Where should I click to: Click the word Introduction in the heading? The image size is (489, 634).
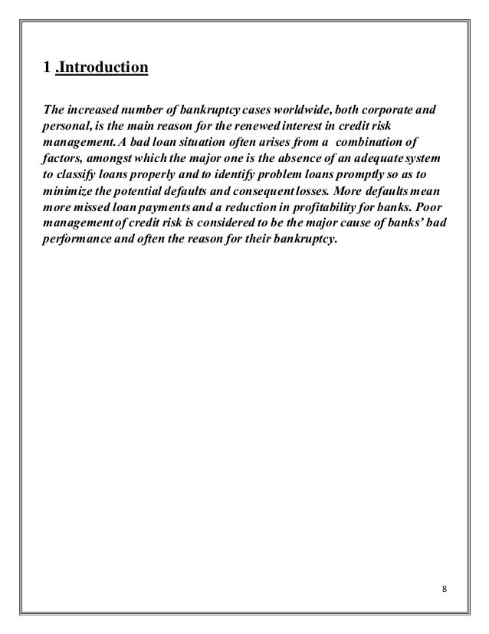(103, 70)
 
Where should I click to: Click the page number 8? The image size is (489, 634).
(445, 589)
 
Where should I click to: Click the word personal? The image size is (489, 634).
(64, 126)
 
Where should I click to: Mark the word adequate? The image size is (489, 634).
(380, 159)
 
